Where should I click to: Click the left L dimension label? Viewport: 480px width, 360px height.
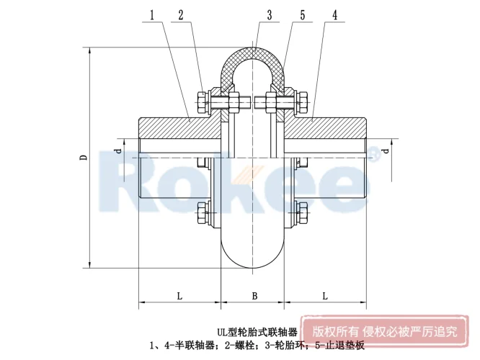tap(178, 295)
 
